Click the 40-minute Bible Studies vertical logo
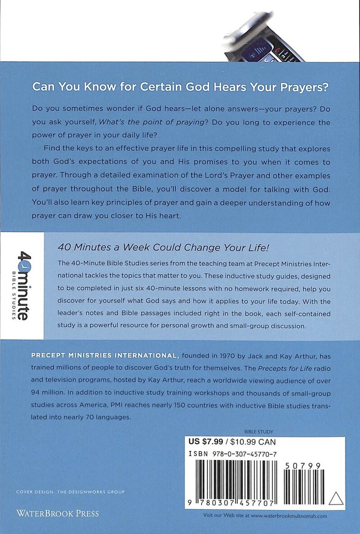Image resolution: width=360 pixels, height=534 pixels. pyautogui.click(x=22, y=286)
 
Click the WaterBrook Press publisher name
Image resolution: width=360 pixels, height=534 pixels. pyautogui.click(x=58, y=513)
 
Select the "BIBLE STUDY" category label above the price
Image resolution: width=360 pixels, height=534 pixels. pyautogui.click(x=259, y=431)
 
